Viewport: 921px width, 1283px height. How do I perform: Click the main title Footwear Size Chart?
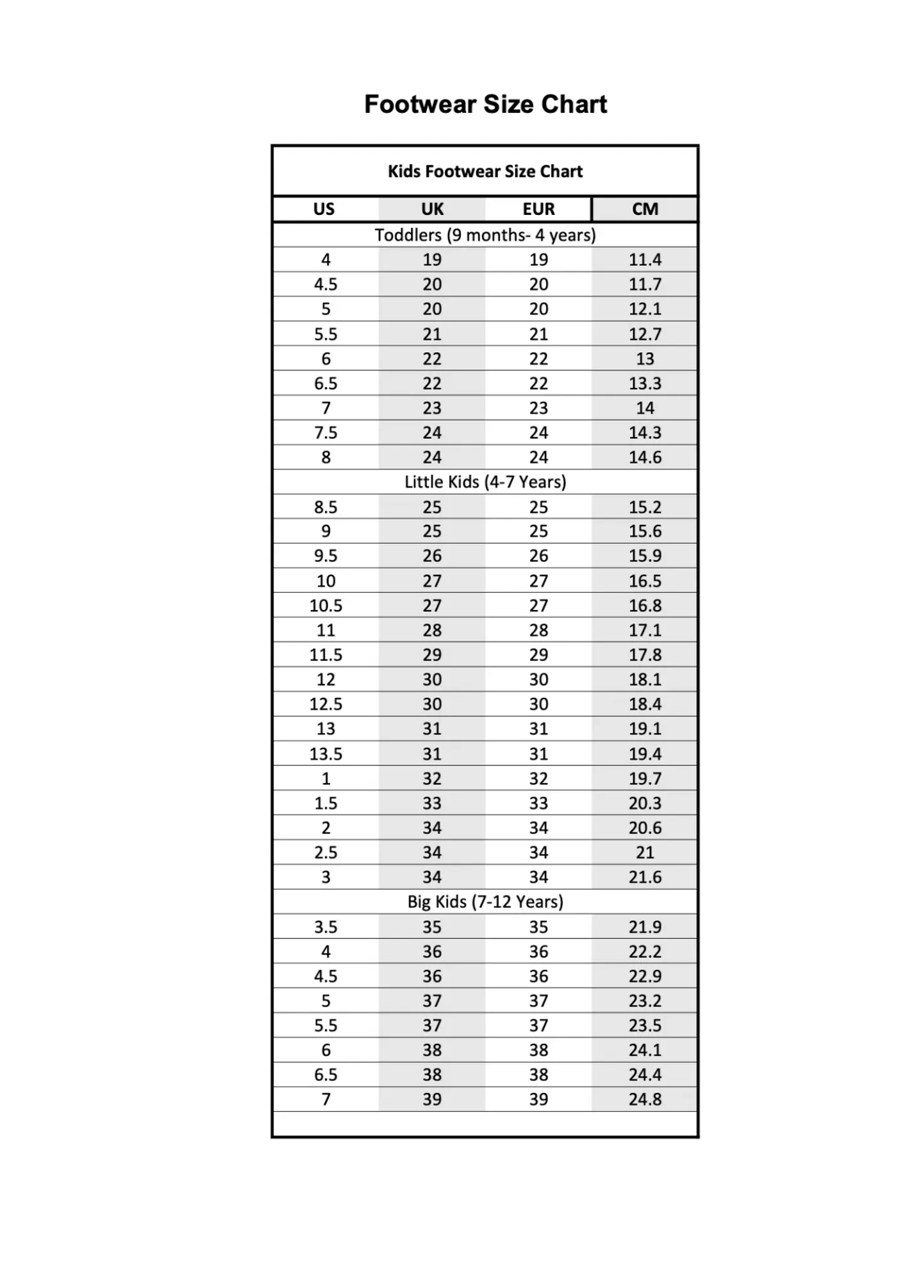coord(485,105)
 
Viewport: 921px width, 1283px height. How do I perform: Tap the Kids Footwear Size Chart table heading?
coord(485,172)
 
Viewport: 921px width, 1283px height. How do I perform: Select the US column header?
coord(324,209)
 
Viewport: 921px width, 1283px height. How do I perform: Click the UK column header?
coord(432,209)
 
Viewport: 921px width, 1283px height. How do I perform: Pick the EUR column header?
coord(538,209)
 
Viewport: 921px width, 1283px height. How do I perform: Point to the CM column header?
coord(645,209)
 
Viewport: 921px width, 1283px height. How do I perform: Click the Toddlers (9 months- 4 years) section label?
coord(485,235)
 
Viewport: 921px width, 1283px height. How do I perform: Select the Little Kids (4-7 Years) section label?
coord(485,482)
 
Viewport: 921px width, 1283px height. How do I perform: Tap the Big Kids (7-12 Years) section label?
coord(485,902)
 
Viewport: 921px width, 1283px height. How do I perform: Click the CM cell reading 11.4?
coord(645,260)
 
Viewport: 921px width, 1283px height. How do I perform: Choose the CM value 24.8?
coord(645,1100)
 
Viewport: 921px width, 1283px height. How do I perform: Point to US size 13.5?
coord(326,754)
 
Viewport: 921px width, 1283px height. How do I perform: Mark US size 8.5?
coord(326,507)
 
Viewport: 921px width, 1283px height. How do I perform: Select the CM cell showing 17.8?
coord(645,655)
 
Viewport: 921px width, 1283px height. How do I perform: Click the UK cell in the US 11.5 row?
coord(432,655)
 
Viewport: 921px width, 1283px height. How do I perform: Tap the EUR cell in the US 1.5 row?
coord(538,803)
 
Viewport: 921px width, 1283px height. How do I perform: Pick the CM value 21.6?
coord(645,877)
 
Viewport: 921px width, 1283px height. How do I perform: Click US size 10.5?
coord(326,606)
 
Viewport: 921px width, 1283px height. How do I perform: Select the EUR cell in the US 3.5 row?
coord(538,927)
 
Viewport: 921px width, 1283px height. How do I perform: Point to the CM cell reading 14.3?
coord(645,432)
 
